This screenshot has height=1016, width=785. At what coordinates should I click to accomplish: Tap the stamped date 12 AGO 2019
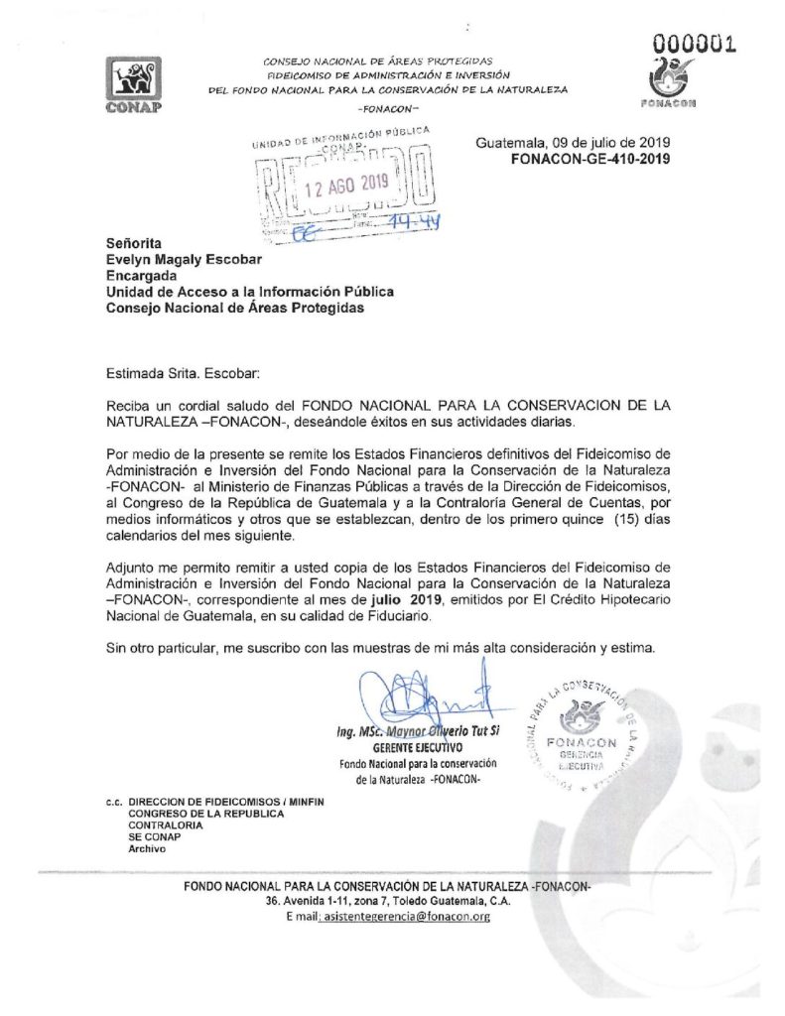point(345,183)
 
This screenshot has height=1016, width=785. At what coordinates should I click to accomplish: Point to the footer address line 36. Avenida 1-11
point(388,901)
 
